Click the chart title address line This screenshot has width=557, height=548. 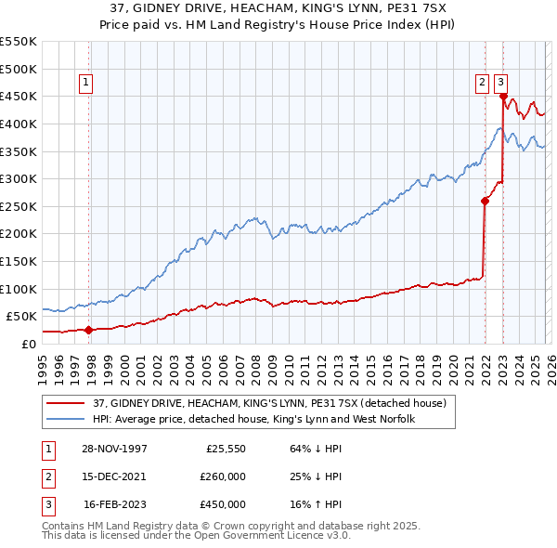tap(278, 7)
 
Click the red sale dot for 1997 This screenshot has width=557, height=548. tap(89, 329)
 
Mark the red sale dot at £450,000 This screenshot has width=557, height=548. tap(503, 96)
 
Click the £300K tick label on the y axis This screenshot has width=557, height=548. tap(19, 178)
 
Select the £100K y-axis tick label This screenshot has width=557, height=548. tap(19, 289)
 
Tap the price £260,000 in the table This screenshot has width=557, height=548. tap(223, 476)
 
